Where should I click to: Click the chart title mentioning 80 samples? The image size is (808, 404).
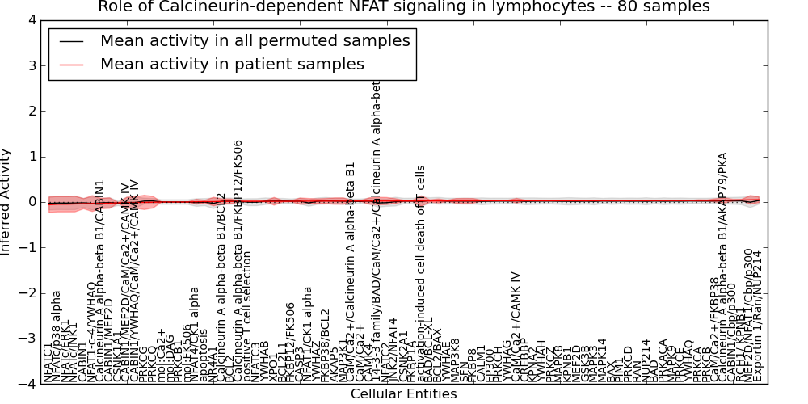pos(404,7)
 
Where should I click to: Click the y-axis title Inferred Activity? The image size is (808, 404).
pos(6,202)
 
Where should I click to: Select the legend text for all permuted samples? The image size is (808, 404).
pos(255,41)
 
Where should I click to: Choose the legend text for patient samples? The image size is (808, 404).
pos(232,64)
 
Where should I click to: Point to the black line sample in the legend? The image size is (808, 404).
pos(71,41)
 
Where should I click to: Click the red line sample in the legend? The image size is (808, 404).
pos(71,64)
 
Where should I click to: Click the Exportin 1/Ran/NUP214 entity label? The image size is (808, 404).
pos(757,315)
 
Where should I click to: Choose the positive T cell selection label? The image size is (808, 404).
pos(247,315)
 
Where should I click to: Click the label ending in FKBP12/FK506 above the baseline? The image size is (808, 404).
pos(238,259)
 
